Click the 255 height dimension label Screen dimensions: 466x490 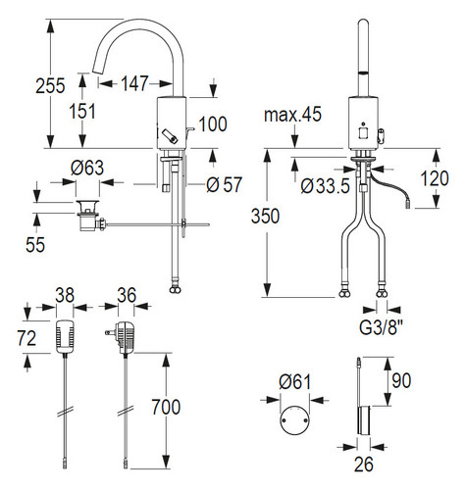(x=50, y=85)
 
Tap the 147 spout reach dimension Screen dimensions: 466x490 (x=134, y=83)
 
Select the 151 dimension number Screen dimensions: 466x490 (x=82, y=111)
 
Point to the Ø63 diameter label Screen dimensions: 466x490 (x=87, y=168)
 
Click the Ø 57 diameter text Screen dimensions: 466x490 (x=225, y=184)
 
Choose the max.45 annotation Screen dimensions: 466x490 (x=292, y=115)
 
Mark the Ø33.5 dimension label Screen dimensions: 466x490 (x=326, y=186)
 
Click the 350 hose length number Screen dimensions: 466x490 (x=265, y=216)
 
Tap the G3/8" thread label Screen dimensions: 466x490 (x=382, y=327)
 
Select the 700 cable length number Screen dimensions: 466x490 (x=166, y=407)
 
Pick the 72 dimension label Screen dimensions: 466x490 (x=26, y=338)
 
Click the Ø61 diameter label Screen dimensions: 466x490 (x=295, y=381)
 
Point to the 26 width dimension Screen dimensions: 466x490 (x=364, y=465)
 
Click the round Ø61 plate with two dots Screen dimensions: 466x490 (x=294, y=420)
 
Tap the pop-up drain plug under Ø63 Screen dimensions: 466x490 (x=87, y=216)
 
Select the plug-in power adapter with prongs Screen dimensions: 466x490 (x=124, y=337)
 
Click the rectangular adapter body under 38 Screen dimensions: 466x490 (x=65, y=336)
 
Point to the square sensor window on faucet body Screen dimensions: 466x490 (x=363, y=132)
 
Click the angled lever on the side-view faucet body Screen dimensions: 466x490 (x=169, y=136)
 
